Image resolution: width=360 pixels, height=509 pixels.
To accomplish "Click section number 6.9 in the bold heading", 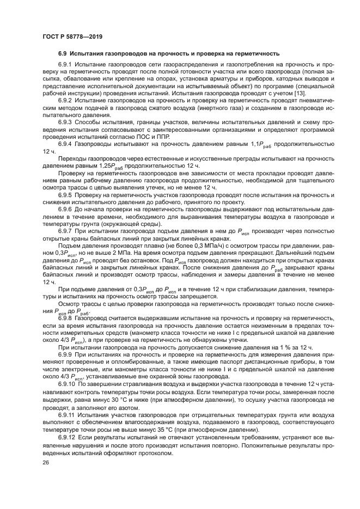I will [x=63, y=54].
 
